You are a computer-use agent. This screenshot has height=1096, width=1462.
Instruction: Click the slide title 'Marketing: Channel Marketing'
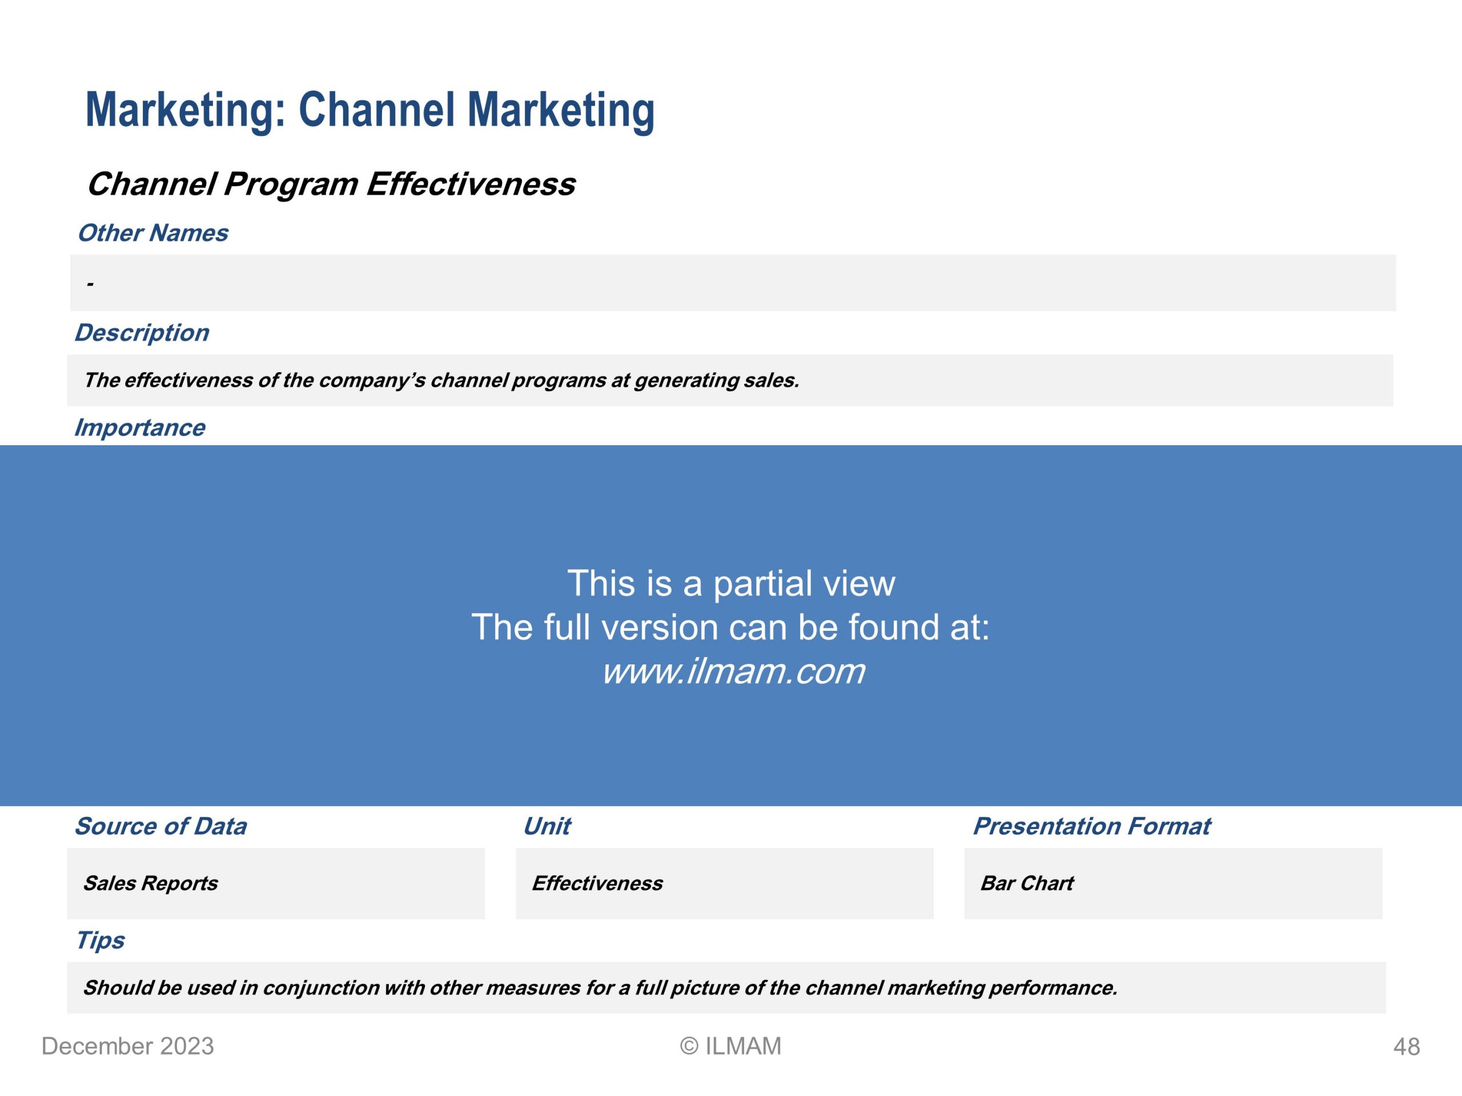click(x=370, y=110)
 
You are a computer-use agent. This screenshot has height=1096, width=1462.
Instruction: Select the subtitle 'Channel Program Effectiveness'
click(x=331, y=184)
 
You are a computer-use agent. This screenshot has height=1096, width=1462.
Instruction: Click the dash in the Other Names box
click(x=90, y=285)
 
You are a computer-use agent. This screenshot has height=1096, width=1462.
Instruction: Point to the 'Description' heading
click(x=142, y=333)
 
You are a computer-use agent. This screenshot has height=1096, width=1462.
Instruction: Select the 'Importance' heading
click(x=139, y=428)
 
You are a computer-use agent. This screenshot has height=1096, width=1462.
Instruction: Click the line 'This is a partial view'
click(x=731, y=583)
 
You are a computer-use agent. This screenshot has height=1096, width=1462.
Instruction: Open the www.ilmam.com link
click(x=733, y=671)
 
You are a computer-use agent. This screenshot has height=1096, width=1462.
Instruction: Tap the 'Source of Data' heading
click(x=160, y=826)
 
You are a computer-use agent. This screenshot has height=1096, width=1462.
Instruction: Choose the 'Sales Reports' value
click(x=150, y=883)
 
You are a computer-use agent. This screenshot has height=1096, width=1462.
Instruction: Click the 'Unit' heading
click(x=547, y=826)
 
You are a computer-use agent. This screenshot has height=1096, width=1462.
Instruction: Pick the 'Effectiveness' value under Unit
click(x=597, y=883)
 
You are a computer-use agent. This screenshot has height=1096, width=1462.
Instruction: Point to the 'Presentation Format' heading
click(x=1092, y=826)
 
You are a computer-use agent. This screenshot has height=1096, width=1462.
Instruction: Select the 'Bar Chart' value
click(x=1027, y=883)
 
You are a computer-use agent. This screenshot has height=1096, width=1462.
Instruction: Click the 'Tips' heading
click(x=100, y=940)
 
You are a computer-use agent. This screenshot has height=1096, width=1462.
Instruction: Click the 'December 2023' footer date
click(x=127, y=1046)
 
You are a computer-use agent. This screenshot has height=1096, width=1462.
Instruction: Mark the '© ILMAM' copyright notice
click(x=730, y=1046)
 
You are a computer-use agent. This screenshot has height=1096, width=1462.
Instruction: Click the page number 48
click(x=1407, y=1047)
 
